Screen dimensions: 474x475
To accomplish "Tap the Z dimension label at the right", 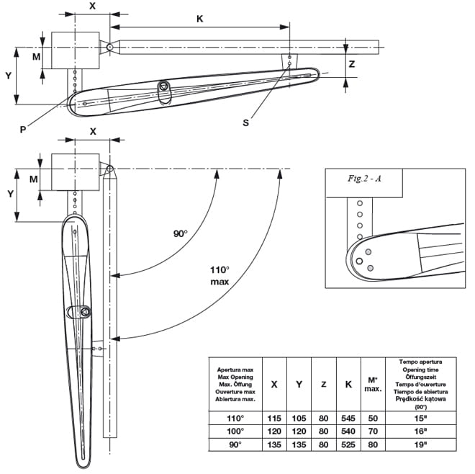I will [x=351, y=63].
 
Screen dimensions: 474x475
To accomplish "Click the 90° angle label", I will [x=180, y=233].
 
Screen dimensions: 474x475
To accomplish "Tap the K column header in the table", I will [x=348, y=383].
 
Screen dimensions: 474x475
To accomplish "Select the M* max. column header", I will [x=373, y=384].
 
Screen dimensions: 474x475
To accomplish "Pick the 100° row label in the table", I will [x=232, y=430].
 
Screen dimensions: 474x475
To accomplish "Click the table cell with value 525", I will [x=348, y=444].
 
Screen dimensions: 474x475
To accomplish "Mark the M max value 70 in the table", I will [x=373, y=430].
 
